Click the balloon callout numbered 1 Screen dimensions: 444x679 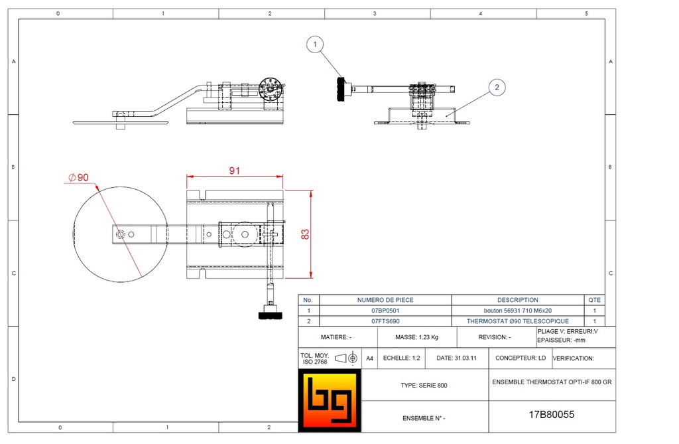[x=316, y=45]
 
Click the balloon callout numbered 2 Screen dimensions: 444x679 [x=497, y=86]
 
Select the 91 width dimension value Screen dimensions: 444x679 [x=235, y=171]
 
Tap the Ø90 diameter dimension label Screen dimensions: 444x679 [x=78, y=177]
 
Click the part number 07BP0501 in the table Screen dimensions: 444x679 [x=385, y=311]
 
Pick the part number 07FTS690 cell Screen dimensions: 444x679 [x=385, y=321]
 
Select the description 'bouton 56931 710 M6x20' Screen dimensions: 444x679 [x=517, y=311]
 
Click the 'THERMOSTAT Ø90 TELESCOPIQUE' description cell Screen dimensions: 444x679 [x=517, y=321]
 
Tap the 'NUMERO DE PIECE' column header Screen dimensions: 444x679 [x=385, y=300]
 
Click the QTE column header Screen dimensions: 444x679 [x=594, y=300]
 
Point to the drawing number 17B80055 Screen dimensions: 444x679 [x=551, y=415]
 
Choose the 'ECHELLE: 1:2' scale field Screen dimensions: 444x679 [x=402, y=358]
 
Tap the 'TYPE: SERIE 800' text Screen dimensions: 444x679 [x=424, y=386]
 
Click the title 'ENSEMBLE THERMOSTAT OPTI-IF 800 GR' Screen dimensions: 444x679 [x=552, y=383]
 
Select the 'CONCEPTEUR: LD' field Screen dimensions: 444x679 [x=521, y=358]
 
